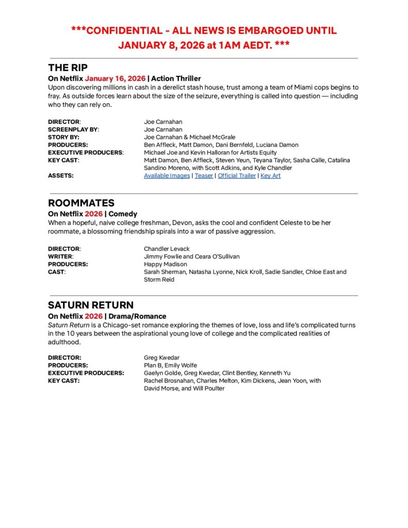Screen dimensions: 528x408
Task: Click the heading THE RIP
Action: [68, 68]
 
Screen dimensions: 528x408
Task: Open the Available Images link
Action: [167, 176]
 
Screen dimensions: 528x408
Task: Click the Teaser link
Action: [204, 176]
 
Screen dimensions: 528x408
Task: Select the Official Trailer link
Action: [237, 176]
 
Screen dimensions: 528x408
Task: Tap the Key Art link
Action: [270, 176]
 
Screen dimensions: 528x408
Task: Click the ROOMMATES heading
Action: [81, 203]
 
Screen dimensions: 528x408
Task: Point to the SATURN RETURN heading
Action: [91, 305]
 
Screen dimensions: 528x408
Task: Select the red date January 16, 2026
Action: [115, 78]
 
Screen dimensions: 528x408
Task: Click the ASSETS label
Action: [61, 176]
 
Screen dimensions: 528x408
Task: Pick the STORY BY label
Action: [63, 137]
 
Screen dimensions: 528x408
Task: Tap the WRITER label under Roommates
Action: [60, 256]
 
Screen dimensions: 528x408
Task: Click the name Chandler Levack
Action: [167, 249]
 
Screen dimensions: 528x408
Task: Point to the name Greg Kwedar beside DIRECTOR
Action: [161, 357]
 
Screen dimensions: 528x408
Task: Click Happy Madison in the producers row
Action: [166, 264]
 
